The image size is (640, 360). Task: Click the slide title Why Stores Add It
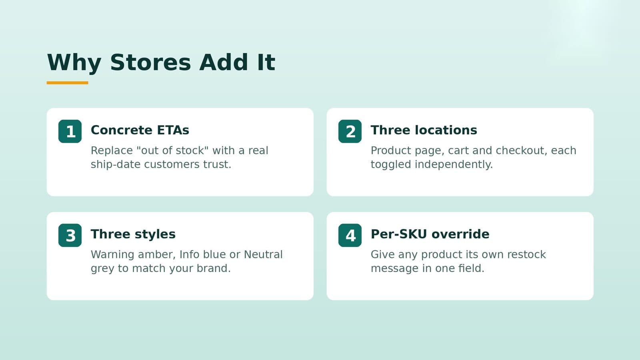tap(161, 62)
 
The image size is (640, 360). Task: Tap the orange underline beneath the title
tap(68, 83)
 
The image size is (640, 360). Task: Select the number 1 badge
tap(70, 132)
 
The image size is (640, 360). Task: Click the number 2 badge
tap(350, 132)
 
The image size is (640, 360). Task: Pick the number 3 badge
tap(70, 236)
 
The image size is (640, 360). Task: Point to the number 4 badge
tap(350, 236)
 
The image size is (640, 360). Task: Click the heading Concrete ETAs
tap(140, 130)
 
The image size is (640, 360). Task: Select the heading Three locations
tap(424, 130)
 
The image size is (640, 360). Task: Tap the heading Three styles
tap(133, 234)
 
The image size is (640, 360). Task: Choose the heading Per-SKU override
tap(430, 234)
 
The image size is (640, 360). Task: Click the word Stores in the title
tap(150, 62)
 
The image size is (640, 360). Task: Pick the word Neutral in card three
tap(263, 254)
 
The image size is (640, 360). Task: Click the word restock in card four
tap(526, 254)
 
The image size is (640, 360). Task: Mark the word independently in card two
tap(454, 165)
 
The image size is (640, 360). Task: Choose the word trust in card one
tap(217, 164)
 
